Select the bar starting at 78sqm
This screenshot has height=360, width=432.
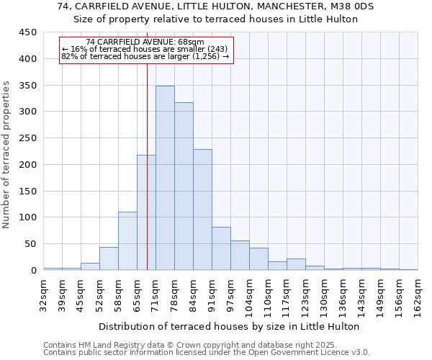pyautogui.click(x=184, y=186)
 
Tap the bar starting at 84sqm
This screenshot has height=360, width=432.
pyautogui.click(x=202, y=210)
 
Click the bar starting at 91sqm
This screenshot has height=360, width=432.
pyautogui.click(x=221, y=248)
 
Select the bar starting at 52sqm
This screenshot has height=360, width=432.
pyautogui.click(x=109, y=258)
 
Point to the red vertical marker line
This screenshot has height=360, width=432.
pyautogui.click(x=147, y=180)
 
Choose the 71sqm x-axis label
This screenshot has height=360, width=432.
pyautogui.click(x=156, y=293)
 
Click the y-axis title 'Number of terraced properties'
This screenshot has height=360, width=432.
pyautogui.click(x=6, y=155)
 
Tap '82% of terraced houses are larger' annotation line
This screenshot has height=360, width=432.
pyautogui.click(x=145, y=56)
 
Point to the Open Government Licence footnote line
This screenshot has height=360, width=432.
pyautogui.click(x=207, y=353)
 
